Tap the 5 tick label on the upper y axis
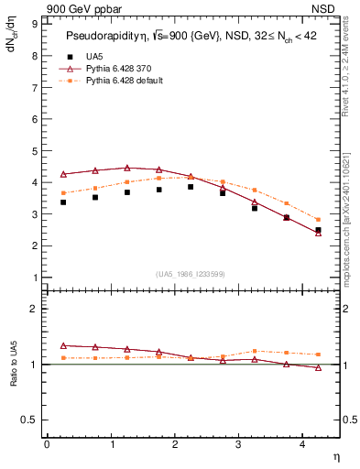[34, 150]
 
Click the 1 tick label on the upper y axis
[34, 278]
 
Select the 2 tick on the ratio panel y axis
[34, 309]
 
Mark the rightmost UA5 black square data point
[318, 230]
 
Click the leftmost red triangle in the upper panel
[63, 174]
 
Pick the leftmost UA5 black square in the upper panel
[63, 202]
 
